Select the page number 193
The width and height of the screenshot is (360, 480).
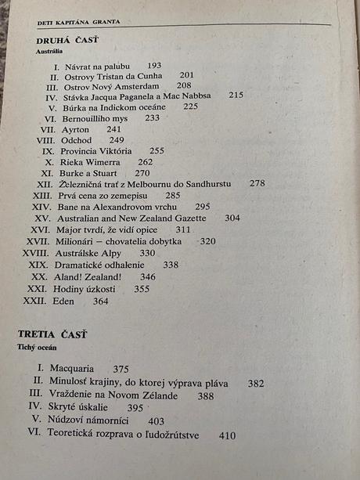point(154,65)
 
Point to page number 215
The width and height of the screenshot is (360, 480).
point(236,95)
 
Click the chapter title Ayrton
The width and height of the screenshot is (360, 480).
point(75,128)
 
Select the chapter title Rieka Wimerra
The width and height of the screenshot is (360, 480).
point(90,161)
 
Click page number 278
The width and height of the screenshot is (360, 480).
point(257,183)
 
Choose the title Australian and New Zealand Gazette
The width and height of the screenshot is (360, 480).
point(131,218)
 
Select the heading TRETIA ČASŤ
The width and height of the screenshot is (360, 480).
point(53,334)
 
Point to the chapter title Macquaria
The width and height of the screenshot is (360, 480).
point(71,369)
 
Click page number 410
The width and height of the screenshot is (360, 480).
point(228,435)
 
